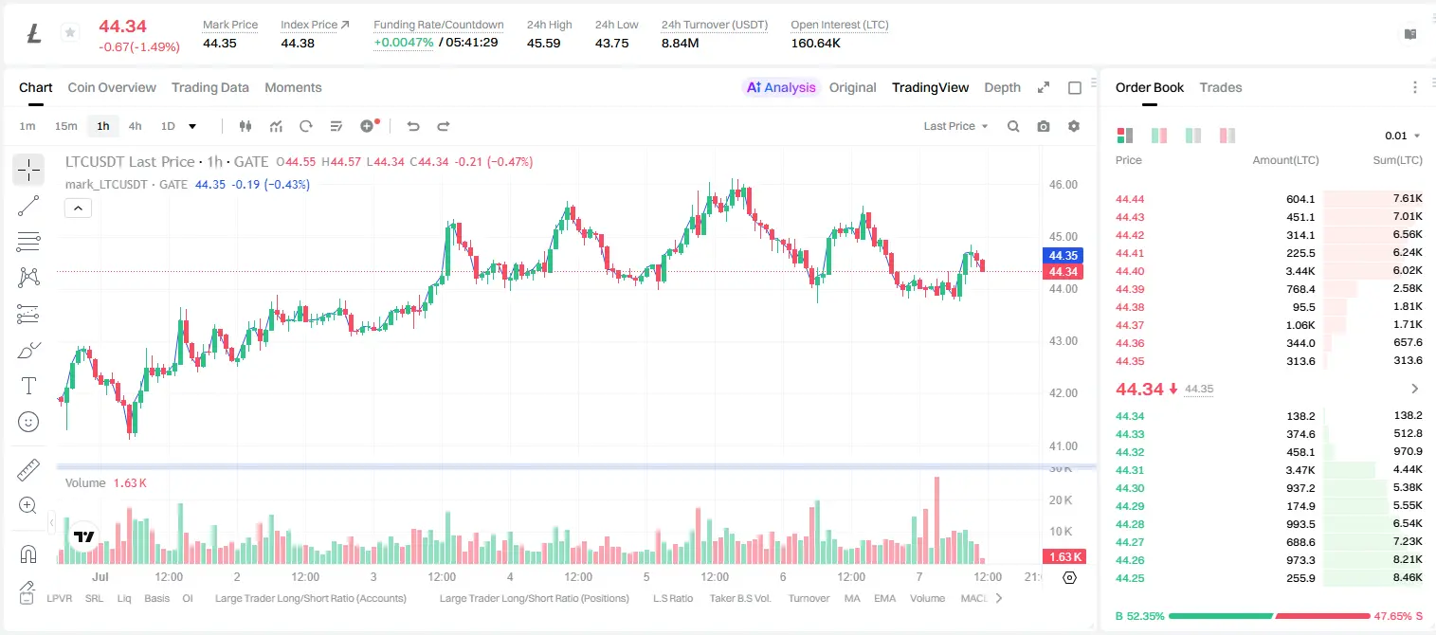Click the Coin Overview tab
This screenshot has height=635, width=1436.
point(112,87)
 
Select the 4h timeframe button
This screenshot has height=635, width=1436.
point(135,126)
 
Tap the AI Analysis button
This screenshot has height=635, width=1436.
point(781,87)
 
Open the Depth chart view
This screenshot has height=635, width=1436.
point(1002,87)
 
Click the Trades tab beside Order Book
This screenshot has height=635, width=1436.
point(1221,87)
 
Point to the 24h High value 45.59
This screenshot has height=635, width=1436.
point(544,43)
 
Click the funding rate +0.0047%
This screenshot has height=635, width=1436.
point(404,43)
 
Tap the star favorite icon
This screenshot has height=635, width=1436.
point(70,32)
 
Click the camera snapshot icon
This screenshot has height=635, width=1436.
point(1044,126)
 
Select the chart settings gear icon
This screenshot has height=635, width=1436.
point(1074,126)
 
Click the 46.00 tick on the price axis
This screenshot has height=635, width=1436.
point(1063,185)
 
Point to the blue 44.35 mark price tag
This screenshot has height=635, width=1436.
point(1063,256)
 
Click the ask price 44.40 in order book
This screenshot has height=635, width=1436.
point(1130,271)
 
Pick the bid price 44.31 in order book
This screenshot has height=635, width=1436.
point(1130,470)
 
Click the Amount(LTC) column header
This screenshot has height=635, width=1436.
point(1285,160)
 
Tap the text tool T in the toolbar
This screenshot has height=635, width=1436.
point(28,386)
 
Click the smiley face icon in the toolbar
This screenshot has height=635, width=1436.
point(28,422)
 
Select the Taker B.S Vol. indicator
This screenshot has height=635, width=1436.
point(739,598)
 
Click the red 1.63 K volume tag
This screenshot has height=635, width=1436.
point(1063,557)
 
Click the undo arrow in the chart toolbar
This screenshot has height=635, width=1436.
point(413,126)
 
